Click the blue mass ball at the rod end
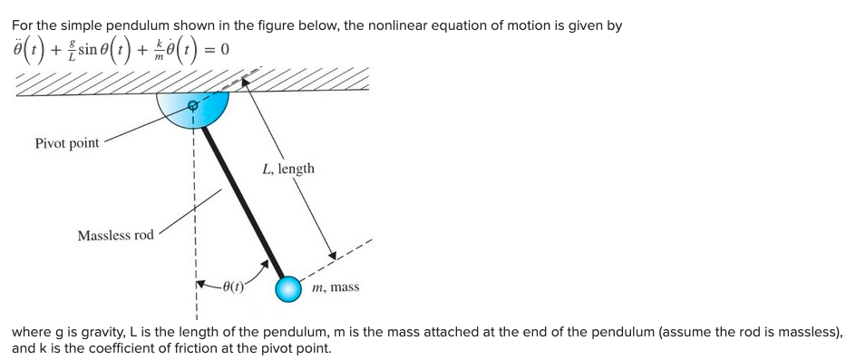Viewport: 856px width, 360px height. pyautogui.click(x=288, y=289)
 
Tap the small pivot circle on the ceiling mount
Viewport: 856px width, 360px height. pyautogui.click(x=192, y=106)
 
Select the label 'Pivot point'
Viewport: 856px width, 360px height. pyautogui.click(x=67, y=143)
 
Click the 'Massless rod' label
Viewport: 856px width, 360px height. pyautogui.click(x=116, y=236)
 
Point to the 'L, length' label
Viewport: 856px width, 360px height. pyautogui.click(x=288, y=169)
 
